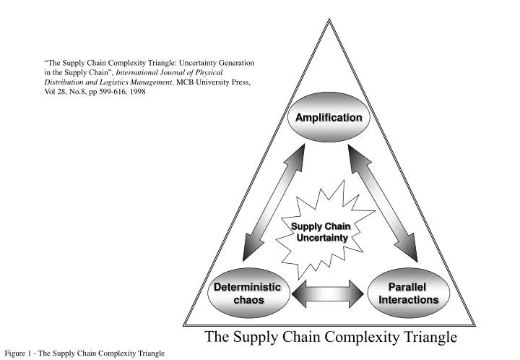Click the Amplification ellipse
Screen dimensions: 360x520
(x=329, y=117)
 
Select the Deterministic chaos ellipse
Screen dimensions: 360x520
(x=248, y=293)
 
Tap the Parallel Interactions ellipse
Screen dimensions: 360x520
(x=409, y=293)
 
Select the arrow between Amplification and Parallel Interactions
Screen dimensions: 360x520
(x=383, y=203)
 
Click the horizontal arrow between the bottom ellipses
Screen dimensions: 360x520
(x=329, y=293)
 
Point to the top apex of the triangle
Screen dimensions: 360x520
(x=329, y=20)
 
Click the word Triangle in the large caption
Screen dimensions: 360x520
(x=429, y=337)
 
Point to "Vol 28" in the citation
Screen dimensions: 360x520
(x=56, y=93)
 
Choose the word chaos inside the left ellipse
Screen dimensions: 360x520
(x=248, y=300)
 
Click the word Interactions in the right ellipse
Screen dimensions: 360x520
(x=409, y=300)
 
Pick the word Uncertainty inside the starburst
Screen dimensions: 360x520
(x=320, y=238)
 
